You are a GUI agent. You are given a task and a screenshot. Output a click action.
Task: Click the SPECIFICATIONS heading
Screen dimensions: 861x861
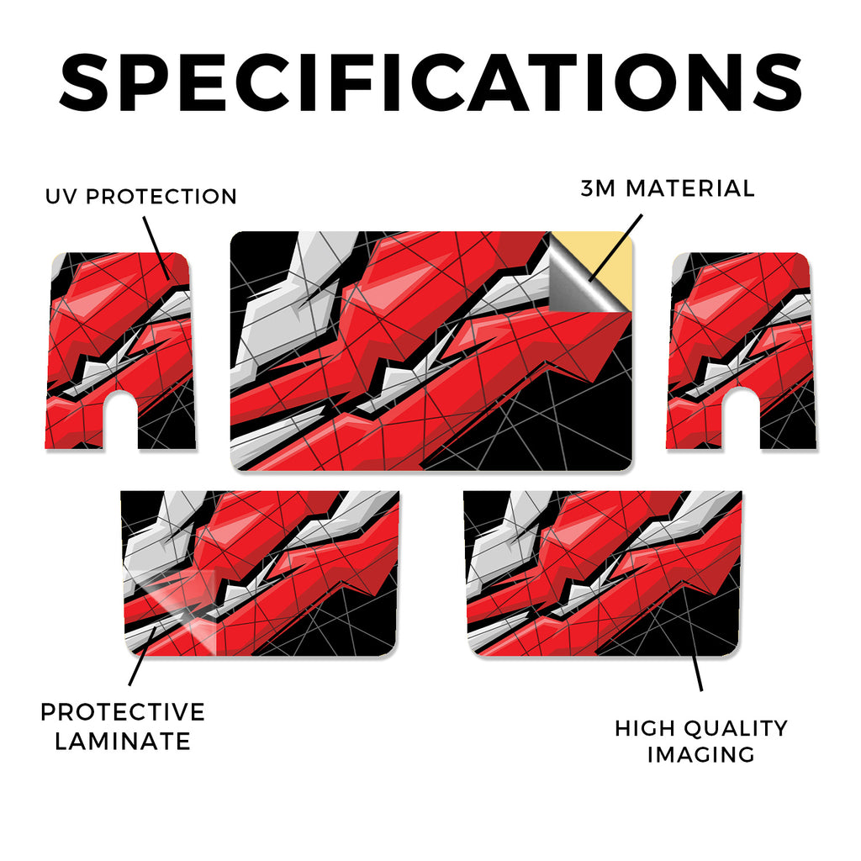430,82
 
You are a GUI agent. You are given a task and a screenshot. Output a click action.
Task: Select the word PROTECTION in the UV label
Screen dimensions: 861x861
161,197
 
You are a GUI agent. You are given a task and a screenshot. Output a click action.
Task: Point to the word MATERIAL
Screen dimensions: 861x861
690,188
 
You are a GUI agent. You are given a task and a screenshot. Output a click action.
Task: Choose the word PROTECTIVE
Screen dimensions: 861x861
123,712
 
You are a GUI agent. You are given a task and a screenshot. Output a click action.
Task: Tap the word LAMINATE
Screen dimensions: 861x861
123,742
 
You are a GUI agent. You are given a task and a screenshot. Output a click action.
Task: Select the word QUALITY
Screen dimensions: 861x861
736,729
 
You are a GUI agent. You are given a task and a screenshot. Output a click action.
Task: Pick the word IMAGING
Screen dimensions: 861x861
700,754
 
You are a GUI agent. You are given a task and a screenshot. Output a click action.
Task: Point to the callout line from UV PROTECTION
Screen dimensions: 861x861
156,248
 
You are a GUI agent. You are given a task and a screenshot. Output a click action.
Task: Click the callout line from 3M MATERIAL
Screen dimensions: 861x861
615,248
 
